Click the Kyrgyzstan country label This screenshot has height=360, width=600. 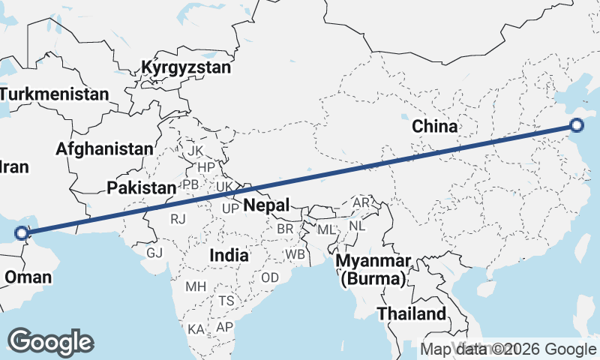[185, 68]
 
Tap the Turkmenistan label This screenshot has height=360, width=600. [54, 94]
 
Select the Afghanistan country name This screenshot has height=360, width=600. [104, 148]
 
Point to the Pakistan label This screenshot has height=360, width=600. [141, 187]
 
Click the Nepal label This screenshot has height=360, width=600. [265, 205]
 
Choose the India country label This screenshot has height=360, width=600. [229, 255]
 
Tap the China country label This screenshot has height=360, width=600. [435, 126]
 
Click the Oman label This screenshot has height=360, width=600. [28, 277]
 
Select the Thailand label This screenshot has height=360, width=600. [412, 313]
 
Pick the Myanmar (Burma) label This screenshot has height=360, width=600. [373, 270]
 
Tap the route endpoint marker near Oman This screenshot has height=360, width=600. [21, 232]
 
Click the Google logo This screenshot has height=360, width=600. [51, 341]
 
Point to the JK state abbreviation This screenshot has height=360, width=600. [196, 151]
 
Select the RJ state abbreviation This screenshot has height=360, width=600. [178, 219]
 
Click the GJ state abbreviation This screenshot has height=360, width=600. [154, 253]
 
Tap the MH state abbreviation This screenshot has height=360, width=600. [196, 286]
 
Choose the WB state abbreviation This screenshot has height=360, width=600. [295, 254]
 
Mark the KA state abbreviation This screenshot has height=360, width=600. [196, 329]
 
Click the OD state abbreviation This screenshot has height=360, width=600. [270, 277]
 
